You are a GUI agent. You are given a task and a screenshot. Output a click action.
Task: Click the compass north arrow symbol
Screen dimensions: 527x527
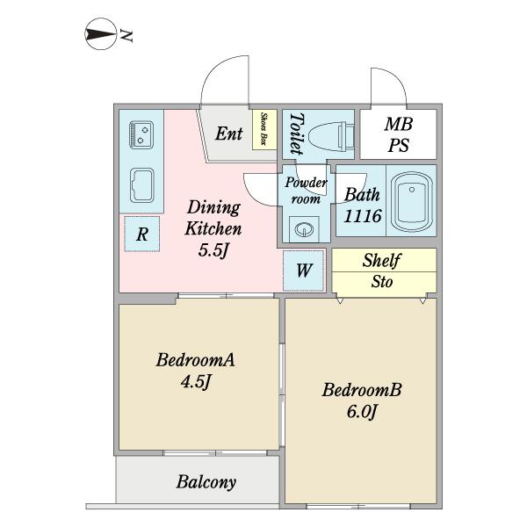pos(100,34)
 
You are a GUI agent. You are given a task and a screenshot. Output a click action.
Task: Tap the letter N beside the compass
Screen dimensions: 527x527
pos(126,36)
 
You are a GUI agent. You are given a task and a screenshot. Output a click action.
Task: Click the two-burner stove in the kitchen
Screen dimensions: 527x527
pos(141,134)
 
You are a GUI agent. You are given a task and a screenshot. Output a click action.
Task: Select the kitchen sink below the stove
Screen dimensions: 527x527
pos(141,185)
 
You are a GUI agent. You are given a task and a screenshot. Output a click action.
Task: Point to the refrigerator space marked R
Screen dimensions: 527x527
pos(141,234)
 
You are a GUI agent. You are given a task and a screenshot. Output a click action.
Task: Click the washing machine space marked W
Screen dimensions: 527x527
pos(304,271)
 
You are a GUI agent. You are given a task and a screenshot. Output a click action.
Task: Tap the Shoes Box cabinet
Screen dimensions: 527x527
pos(264,129)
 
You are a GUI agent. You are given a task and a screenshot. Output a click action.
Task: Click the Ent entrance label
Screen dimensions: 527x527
pos(229,134)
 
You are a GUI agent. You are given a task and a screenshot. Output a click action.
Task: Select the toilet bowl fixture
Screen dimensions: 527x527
pos(331,137)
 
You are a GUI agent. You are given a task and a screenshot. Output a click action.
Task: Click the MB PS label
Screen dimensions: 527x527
pos(398,134)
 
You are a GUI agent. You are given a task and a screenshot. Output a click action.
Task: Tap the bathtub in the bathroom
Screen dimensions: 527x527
pos(412,202)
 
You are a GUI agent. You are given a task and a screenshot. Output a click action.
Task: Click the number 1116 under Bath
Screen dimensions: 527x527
pos(363,216)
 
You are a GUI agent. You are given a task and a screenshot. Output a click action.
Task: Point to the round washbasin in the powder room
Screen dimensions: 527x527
pos(304,229)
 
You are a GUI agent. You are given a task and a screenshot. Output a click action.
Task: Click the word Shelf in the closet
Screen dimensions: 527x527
pos(382,260)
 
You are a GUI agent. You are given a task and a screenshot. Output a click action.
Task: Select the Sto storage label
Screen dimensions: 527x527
pos(382,282)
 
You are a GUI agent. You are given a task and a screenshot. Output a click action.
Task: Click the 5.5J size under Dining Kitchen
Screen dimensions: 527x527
pos(213,250)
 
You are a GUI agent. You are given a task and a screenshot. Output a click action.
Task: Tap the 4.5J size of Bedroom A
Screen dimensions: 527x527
pos(196,381)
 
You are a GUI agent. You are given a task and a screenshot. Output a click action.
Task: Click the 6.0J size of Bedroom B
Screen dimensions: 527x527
pos(362,411)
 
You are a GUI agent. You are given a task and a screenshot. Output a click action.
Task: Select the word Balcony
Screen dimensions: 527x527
pos(206,482)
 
